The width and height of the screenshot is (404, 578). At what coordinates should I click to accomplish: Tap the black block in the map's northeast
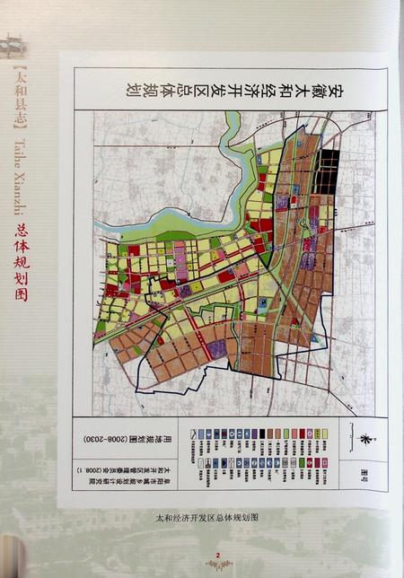[x=329, y=169]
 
